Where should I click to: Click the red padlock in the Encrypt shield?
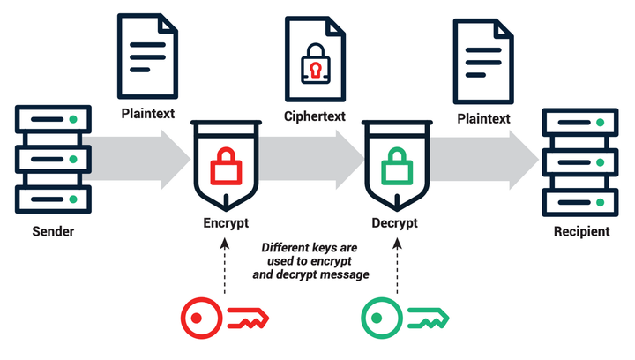(225, 165)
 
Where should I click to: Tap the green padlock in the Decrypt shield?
(397, 165)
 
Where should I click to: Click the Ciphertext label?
(314, 116)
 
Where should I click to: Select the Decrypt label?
(397, 222)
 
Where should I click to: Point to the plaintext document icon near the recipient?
(482, 60)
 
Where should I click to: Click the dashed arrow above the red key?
(225, 265)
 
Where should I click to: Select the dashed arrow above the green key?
(397, 265)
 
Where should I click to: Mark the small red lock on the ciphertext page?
(314, 67)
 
